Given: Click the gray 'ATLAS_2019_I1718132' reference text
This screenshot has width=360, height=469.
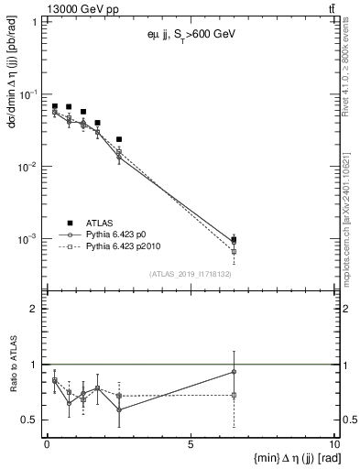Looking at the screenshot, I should click(191, 274).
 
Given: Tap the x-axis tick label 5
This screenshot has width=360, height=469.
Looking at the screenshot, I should click(190, 444).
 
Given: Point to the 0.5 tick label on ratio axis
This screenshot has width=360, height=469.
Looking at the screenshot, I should click(30, 420).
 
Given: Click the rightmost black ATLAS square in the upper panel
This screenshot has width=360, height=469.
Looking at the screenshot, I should click(235, 240).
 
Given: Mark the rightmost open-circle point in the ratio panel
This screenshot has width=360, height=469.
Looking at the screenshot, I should click(235, 372).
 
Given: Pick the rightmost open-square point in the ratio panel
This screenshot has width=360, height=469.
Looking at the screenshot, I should click(235, 395).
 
